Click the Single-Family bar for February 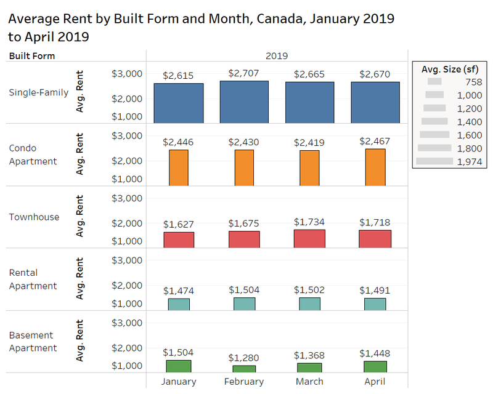pos(244,102)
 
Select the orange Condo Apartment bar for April pos(375,167)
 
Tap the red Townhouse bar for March pos(310,239)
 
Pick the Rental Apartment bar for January pos(179,305)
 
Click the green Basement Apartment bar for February pos(244,369)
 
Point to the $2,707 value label pos(243,73)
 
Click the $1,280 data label pos(243,358)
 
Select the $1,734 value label pos(309,222)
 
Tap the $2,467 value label pos(375,141)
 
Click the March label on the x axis pos(309,382)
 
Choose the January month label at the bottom pos(179,382)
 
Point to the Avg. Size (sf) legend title pos(450,69)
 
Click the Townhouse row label pos(34,217)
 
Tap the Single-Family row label pos(39,93)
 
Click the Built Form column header pos(32,56)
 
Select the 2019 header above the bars pos(277,56)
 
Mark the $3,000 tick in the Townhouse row pos(127,198)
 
